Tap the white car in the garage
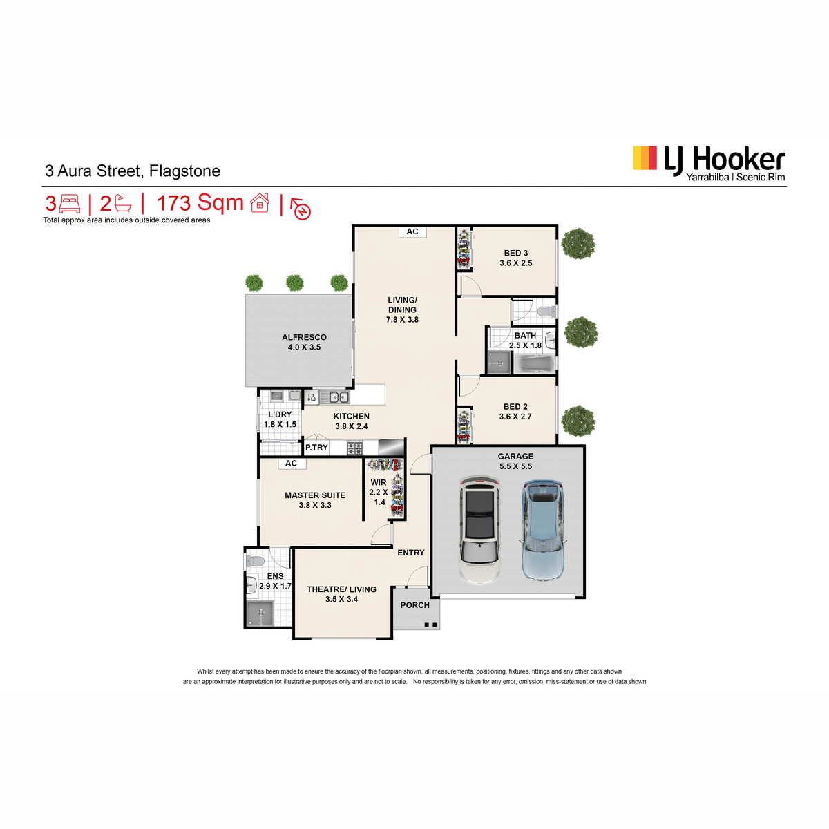(479, 529)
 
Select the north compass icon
(301, 208)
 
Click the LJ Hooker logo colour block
(645, 158)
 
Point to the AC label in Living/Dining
(412, 231)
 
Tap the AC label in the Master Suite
(291, 464)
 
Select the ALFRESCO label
(304, 337)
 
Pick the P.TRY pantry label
(316, 448)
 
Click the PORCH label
(414, 605)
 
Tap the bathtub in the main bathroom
(537, 364)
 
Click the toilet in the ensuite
(254, 561)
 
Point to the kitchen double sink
(339, 397)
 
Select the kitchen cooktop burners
(354, 448)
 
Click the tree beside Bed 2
(579, 420)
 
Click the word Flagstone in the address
(184, 171)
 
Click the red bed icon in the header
(69, 204)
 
